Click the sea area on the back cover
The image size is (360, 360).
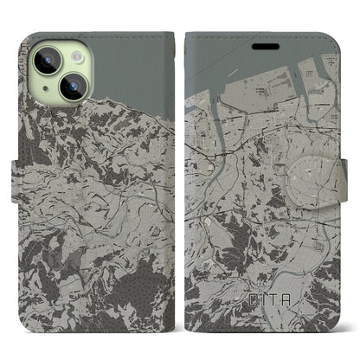click(130, 61)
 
